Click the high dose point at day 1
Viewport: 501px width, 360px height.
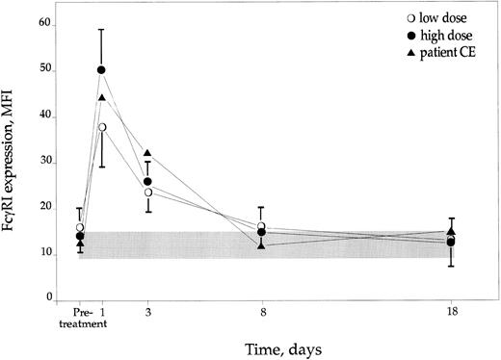(x=101, y=70)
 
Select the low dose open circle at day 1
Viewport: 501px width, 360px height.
(x=101, y=127)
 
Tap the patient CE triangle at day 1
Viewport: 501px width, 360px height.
(x=101, y=97)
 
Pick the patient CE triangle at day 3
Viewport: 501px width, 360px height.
(x=147, y=153)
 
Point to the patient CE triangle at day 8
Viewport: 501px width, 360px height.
(x=261, y=245)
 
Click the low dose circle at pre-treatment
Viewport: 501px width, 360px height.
(x=80, y=227)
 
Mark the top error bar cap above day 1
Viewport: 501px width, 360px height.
(x=101, y=29)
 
